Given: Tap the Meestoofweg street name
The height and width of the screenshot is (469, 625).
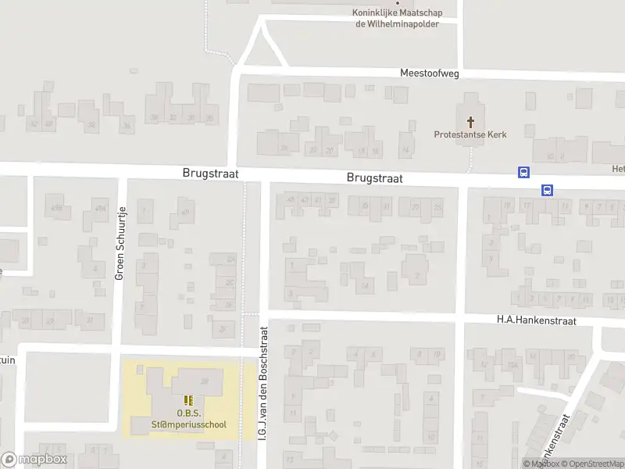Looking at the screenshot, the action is pyautogui.click(x=429, y=73).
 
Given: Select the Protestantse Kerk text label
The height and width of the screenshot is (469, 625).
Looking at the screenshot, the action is pyautogui.click(x=470, y=134).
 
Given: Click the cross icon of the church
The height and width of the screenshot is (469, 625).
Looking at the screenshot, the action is pyautogui.click(x=470, y=121).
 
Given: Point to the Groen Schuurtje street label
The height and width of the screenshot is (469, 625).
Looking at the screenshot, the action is pyautogui.click(x=120, y=242).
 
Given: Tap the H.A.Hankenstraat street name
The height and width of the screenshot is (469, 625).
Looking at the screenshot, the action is pyautogui.click(x=536, y=320).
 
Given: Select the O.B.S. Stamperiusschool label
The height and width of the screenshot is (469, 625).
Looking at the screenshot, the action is pyautogui.click(x=188, y=419).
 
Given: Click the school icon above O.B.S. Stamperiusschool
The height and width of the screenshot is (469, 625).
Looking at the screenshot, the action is pyautogui.click(x=188, y=400).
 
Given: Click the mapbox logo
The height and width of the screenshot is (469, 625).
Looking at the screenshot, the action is pyautogui.click(x=34, y=460).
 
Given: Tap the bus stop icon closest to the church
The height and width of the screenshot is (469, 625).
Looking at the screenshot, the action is pyautogui.click(x=523, y=173).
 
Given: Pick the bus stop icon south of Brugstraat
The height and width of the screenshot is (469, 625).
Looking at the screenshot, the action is pyautogui.click(x=547, y=190).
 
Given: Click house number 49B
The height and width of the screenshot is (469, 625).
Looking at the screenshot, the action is pyautogui.click(x=55, y=208).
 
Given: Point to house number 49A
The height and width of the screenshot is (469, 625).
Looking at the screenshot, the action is pyautogui.click(x=100, y=208).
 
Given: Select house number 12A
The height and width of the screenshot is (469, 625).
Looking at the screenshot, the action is pyautogui.click(x=513, y=365).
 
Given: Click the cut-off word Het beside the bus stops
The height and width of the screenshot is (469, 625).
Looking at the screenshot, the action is pyautogui.click(x=617, y=169).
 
